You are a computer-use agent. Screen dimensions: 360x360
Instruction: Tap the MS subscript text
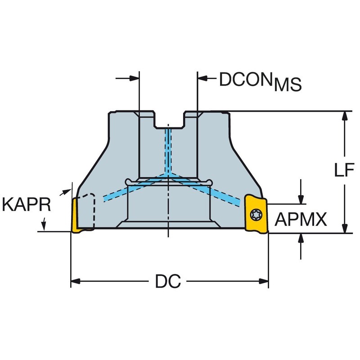288,85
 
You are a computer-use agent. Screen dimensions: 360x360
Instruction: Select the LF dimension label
344,170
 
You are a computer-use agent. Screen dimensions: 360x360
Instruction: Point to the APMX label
301,220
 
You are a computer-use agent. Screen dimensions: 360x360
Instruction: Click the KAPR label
26,205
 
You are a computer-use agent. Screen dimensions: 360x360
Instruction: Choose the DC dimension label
168,281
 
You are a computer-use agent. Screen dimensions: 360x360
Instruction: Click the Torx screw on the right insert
255,215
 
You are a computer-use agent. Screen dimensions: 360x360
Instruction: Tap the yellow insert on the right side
256,213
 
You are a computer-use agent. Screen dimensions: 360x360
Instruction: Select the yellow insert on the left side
76,216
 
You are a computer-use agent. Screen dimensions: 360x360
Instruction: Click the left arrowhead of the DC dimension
75,281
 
